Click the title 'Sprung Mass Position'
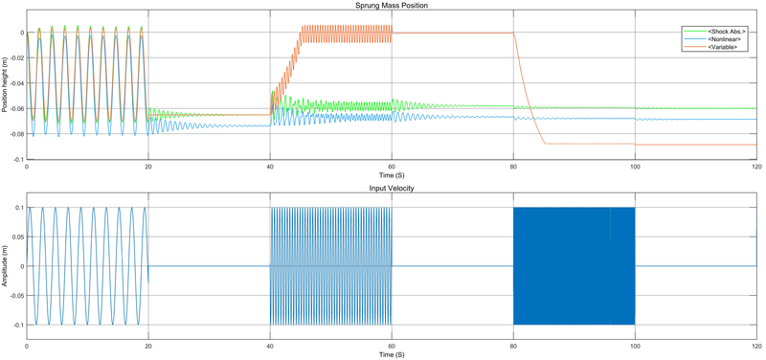(393, 6)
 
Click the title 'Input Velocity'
(393, 189)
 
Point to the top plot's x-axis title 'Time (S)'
(393, 176)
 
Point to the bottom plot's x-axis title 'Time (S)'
(393, 355)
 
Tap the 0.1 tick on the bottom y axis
(18, 207)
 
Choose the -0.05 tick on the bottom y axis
(14, 296)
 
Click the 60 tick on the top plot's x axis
(392, 168)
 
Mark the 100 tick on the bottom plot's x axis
(635, 347)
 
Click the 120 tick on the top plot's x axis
(755, 168)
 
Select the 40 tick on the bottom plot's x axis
(270, 347)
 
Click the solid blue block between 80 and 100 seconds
(574, 266)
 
